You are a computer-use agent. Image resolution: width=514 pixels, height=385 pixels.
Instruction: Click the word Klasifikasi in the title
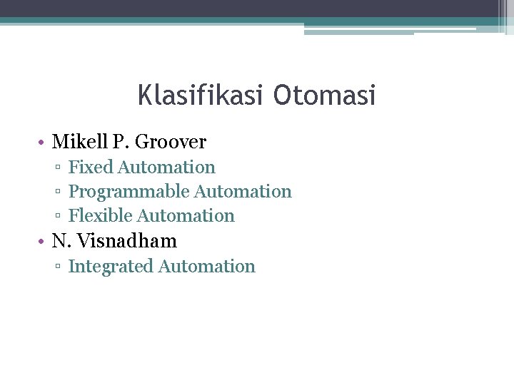click(197, 96)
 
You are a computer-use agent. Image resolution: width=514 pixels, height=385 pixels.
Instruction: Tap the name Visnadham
click(126, 241)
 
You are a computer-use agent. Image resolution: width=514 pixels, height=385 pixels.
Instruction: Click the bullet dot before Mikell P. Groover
click(44, 143)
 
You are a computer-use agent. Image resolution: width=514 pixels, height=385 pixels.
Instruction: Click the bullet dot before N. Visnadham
click(44, 242)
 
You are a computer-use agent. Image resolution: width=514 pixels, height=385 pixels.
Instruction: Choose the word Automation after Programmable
click(243, 192)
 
